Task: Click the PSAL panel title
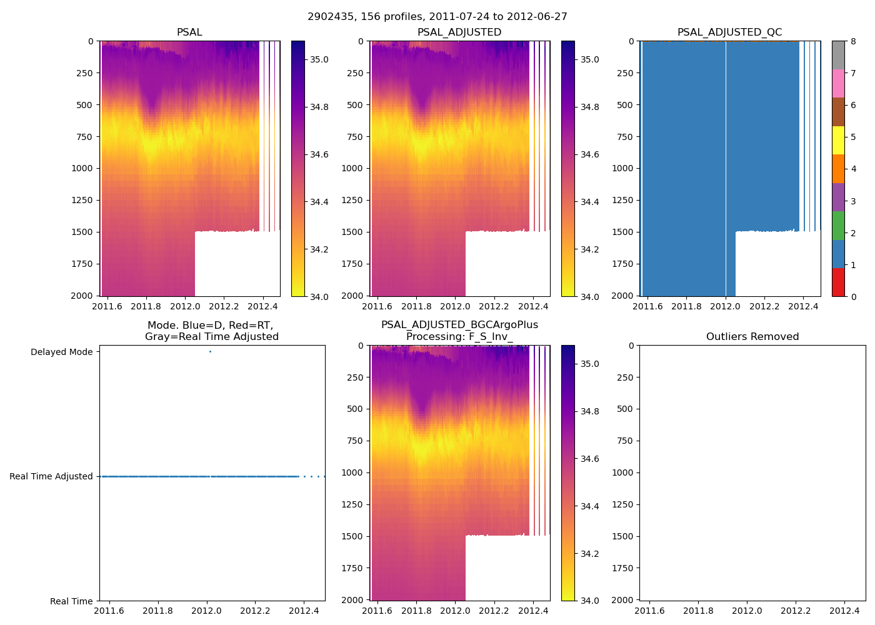point(189,32)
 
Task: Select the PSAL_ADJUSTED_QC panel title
point(729,32)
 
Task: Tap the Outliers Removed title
point(752,337)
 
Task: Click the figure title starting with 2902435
point(437,17)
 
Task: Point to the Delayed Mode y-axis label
point(61,352)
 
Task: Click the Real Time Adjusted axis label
point(51,476)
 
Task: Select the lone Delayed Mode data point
point(210,352)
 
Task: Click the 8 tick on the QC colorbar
point(853,41)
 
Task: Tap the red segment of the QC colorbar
point(838,282)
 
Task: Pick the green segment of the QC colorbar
point(838,225)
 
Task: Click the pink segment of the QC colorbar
point(838,83)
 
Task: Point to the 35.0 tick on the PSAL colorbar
point(319,59)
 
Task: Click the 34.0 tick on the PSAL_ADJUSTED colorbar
point(589,297)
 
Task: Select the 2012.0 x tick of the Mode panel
point(206,611)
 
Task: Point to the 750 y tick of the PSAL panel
point(82,137)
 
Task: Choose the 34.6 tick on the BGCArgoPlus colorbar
point(589,459)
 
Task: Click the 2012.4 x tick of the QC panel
point(803,306)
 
